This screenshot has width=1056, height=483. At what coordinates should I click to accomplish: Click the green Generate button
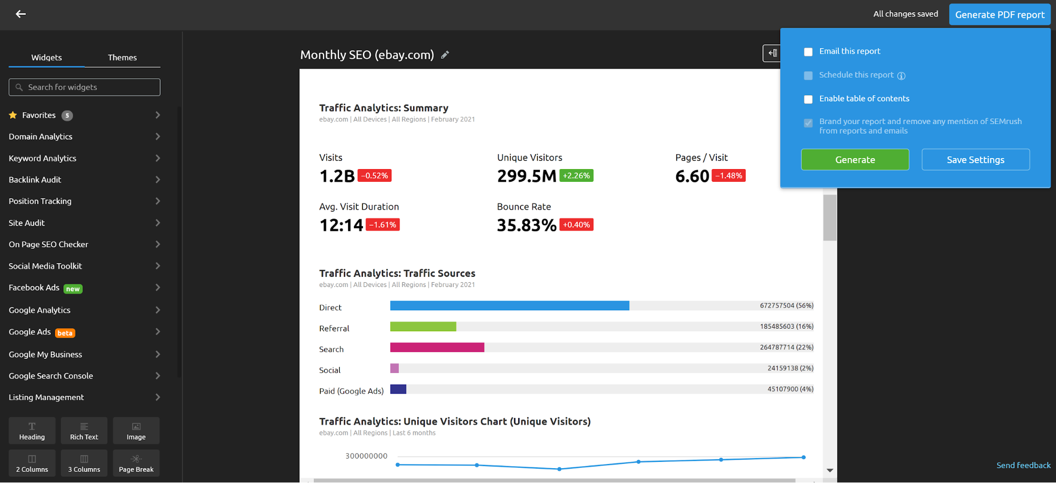[855, 160]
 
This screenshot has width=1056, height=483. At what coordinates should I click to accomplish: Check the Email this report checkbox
[808, 52]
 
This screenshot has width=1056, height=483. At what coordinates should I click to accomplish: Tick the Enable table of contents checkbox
[808, 99]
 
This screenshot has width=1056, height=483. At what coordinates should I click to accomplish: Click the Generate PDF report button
[999, 15]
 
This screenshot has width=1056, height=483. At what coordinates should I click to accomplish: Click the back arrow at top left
[21, 14]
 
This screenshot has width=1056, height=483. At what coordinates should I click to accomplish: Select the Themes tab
[122, 58]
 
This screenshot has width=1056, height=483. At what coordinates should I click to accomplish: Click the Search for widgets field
[85, 87]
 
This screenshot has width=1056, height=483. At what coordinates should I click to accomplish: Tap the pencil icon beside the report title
[445, 55]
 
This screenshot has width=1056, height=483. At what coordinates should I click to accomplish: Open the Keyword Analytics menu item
[42, 158]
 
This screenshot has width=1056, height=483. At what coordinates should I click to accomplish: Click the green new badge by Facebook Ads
[73, 289]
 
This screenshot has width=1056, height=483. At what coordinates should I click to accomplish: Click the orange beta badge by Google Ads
[65, 333]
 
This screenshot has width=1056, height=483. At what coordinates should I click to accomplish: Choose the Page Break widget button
[136, 463]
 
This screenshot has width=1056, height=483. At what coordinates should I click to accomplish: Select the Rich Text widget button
[84, 431]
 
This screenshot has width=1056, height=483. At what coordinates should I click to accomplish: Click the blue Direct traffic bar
[509, 305]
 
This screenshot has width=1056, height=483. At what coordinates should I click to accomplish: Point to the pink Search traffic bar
[437, 347]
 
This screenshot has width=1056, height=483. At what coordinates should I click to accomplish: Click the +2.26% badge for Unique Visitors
[576, 175]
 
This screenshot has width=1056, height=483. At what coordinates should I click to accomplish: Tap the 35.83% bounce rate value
[526, 225]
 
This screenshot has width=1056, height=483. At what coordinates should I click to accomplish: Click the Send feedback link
[1023, 466]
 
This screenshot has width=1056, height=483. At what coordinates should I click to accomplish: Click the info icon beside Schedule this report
[901, 76]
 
